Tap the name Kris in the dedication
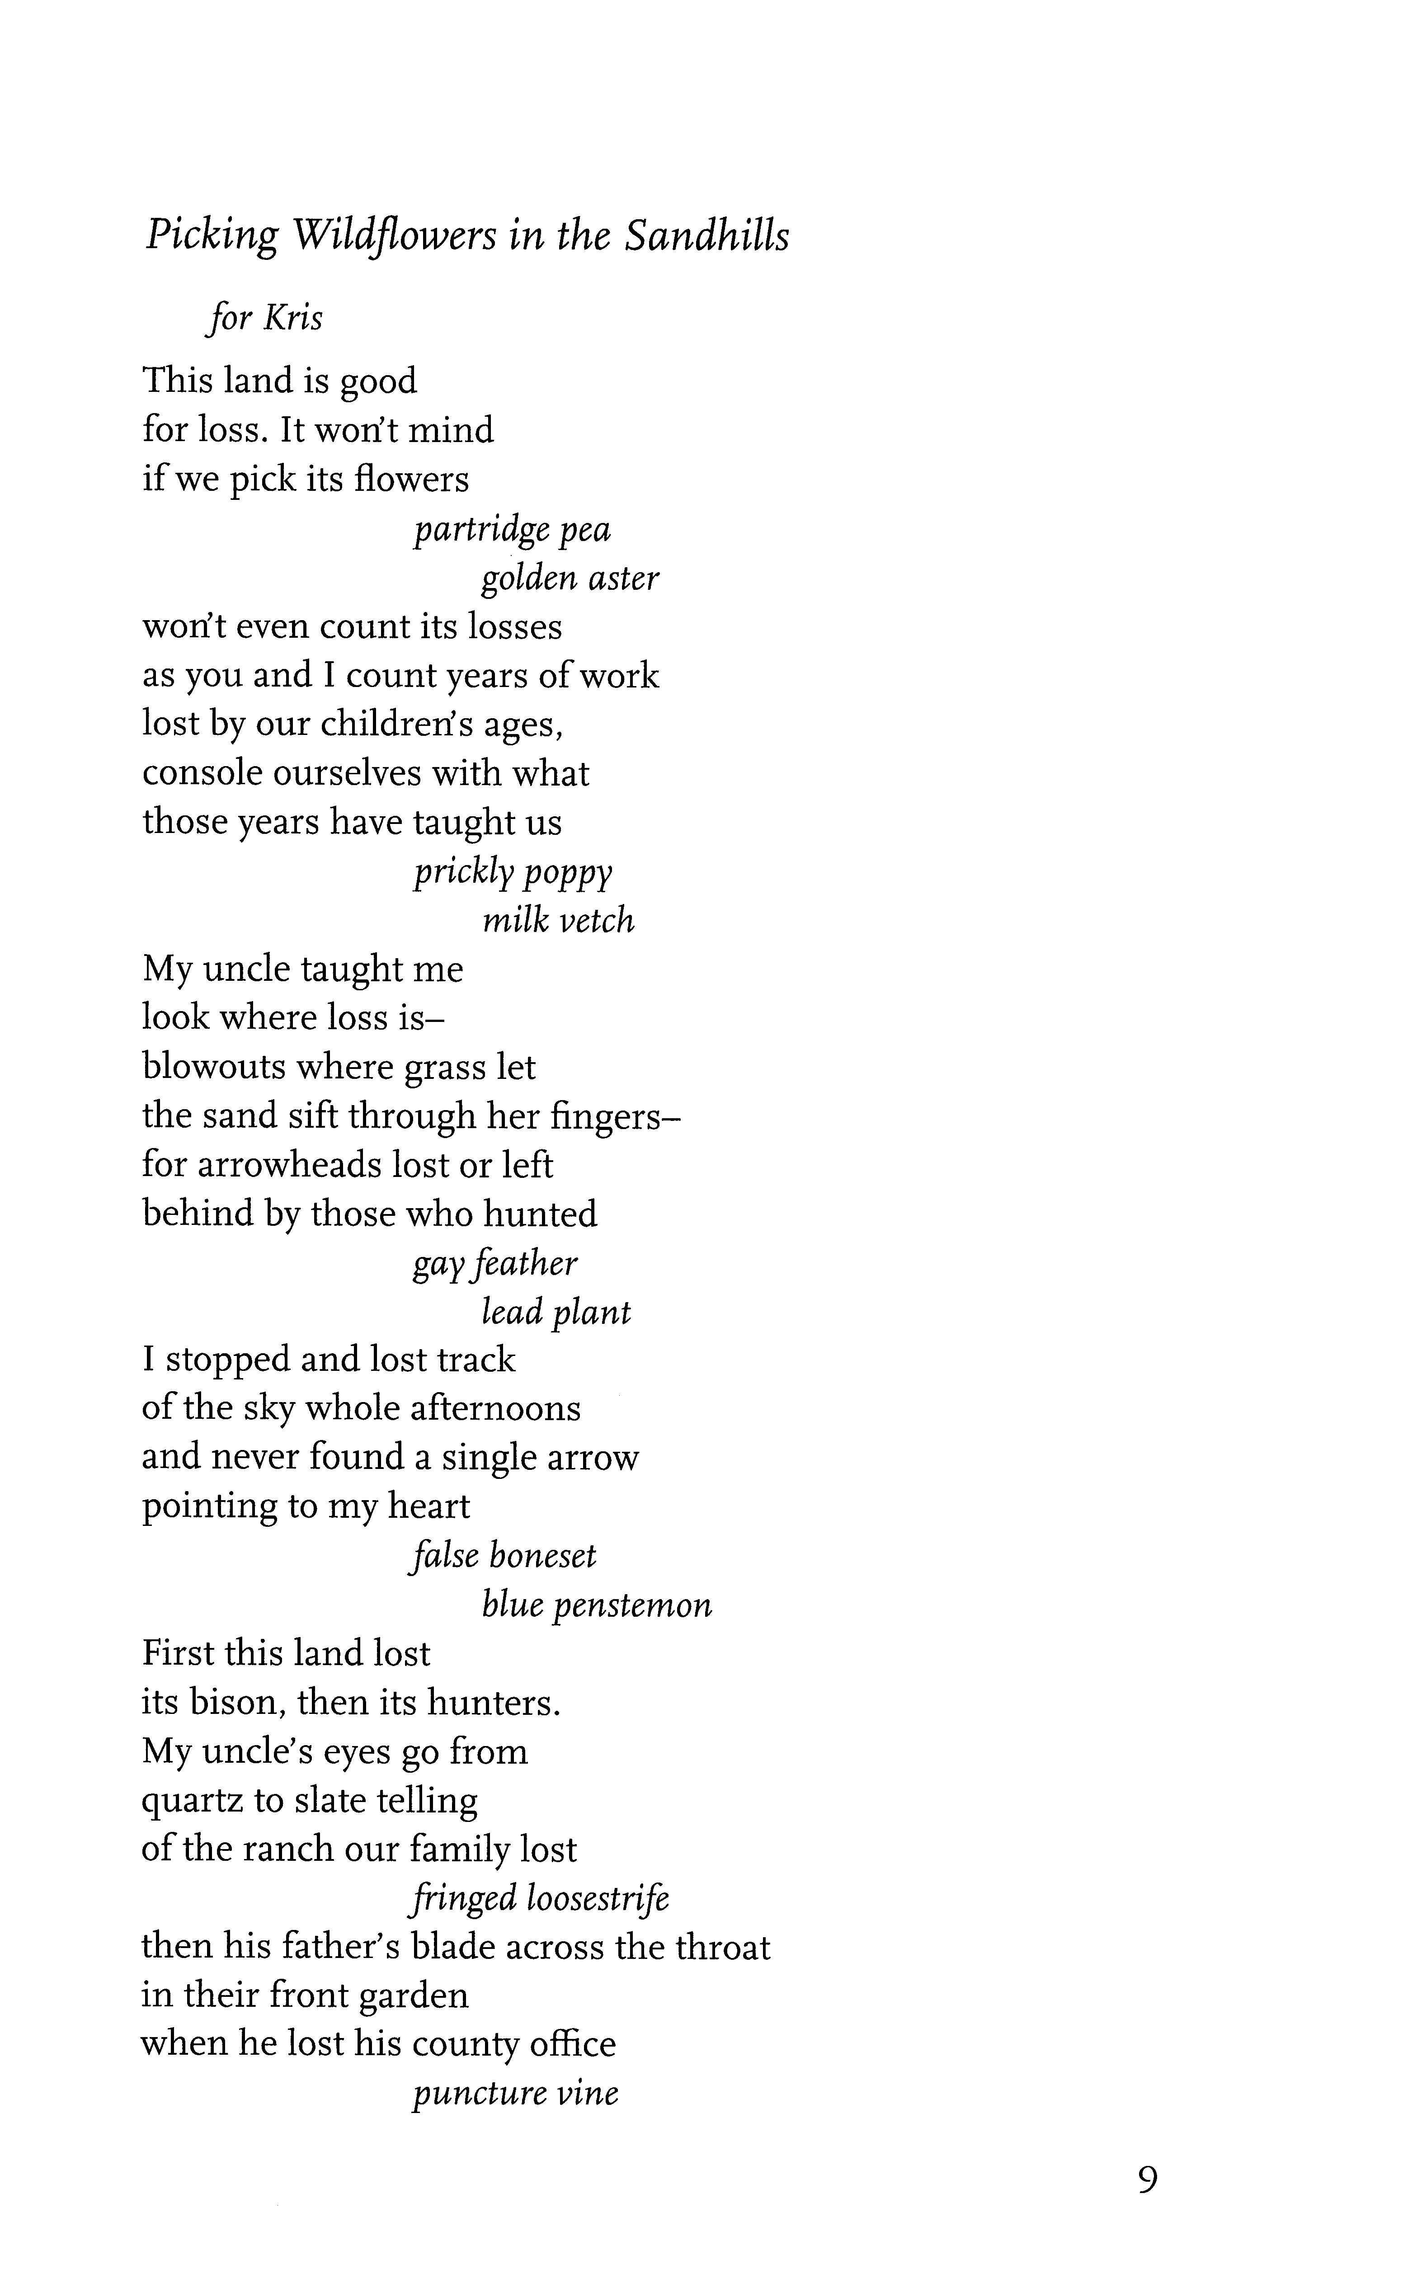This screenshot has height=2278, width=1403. (293, 318)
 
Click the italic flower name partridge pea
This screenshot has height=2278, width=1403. (512, 530)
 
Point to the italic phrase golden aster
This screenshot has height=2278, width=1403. (570, 578)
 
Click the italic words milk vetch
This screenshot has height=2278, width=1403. (559, 921)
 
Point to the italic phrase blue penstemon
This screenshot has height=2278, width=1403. (597, 1605)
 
